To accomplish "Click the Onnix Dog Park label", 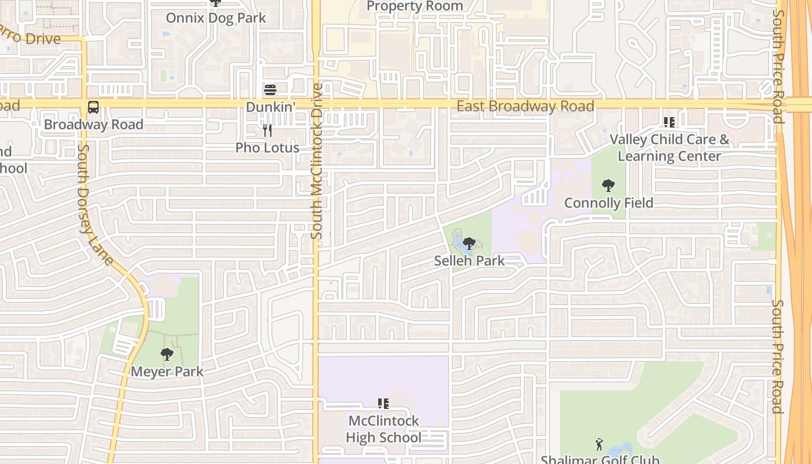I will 216,18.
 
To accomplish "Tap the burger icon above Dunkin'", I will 270,90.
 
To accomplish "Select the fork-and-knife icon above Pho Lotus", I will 267,130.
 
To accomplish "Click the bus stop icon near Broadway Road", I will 93,107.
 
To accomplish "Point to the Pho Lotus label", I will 267,148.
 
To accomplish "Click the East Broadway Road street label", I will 525,106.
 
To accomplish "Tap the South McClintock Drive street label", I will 317,161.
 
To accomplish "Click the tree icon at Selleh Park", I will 469,244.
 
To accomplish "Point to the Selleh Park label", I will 469,261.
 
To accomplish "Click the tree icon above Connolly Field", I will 608,186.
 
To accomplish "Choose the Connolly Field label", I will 608,203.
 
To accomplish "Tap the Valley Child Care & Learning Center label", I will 669,148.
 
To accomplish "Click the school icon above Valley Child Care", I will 669,122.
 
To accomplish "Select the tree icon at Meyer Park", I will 167,354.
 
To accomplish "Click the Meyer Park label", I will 167,371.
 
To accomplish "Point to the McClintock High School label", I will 383,429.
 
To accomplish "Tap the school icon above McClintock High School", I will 383,403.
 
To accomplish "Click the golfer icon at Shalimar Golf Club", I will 599,444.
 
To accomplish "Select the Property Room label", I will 415,6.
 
